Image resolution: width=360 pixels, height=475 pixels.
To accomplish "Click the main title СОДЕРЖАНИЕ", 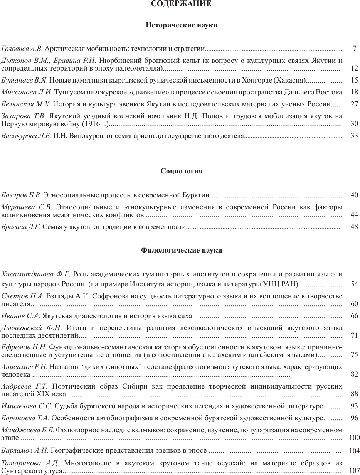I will pyautogui.click(x=181, y=4).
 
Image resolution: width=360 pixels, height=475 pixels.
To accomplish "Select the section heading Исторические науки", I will pyautogui.click(x=182, y=25).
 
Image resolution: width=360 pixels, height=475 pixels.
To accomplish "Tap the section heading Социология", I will pyautogui.click(x=182, y=171).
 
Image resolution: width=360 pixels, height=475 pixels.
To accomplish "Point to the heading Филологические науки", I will pyautogui.click(x=182, y=250).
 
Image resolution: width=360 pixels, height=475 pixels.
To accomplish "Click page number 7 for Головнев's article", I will pyautogui.click(x=354, y=49).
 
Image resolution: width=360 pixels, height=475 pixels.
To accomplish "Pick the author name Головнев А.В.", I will pyautogui.click(x=22, y=49).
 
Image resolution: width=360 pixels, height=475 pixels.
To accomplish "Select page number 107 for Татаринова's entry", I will pyautogui.click(x=353, y=470).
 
